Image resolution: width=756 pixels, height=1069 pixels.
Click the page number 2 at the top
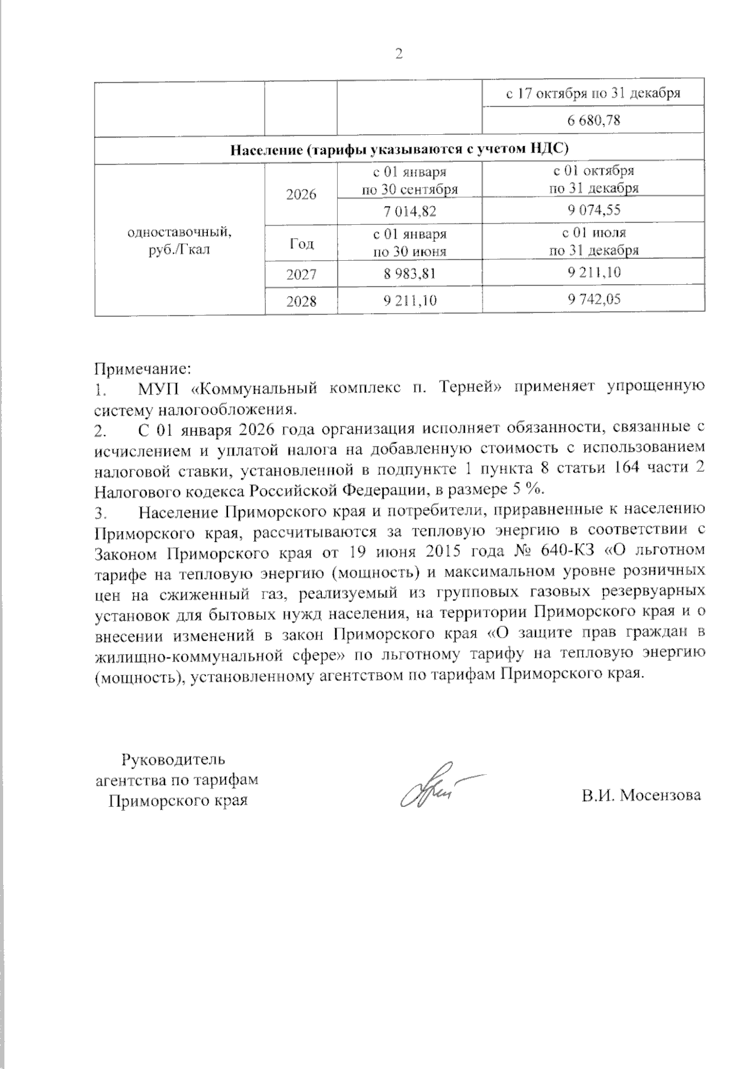[398, 55]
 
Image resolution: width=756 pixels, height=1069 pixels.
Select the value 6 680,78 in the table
[593, 120]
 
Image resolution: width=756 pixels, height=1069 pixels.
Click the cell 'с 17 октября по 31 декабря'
[593, 93]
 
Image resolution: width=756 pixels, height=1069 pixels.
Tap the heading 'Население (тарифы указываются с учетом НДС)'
[399, 150]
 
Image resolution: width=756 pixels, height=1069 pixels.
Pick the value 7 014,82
[409, 211]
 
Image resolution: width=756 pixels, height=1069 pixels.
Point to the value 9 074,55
[593, 210]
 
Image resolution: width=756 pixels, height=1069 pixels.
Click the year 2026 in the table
[301, 195]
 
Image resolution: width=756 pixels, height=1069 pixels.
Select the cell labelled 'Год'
[301, 243]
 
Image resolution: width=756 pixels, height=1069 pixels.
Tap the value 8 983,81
[409, 274]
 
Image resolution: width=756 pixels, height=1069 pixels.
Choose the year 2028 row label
[301, 302]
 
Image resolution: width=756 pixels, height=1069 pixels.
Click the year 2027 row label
[301, 275]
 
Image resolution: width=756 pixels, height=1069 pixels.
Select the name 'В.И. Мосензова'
[641, 795]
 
